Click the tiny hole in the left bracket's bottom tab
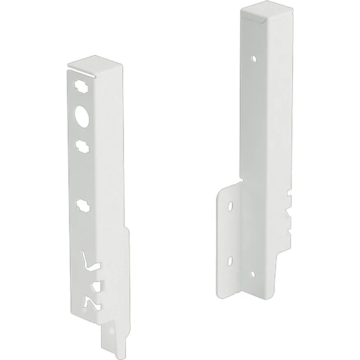112,331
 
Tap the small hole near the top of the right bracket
253,59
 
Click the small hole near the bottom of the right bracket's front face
252,273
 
